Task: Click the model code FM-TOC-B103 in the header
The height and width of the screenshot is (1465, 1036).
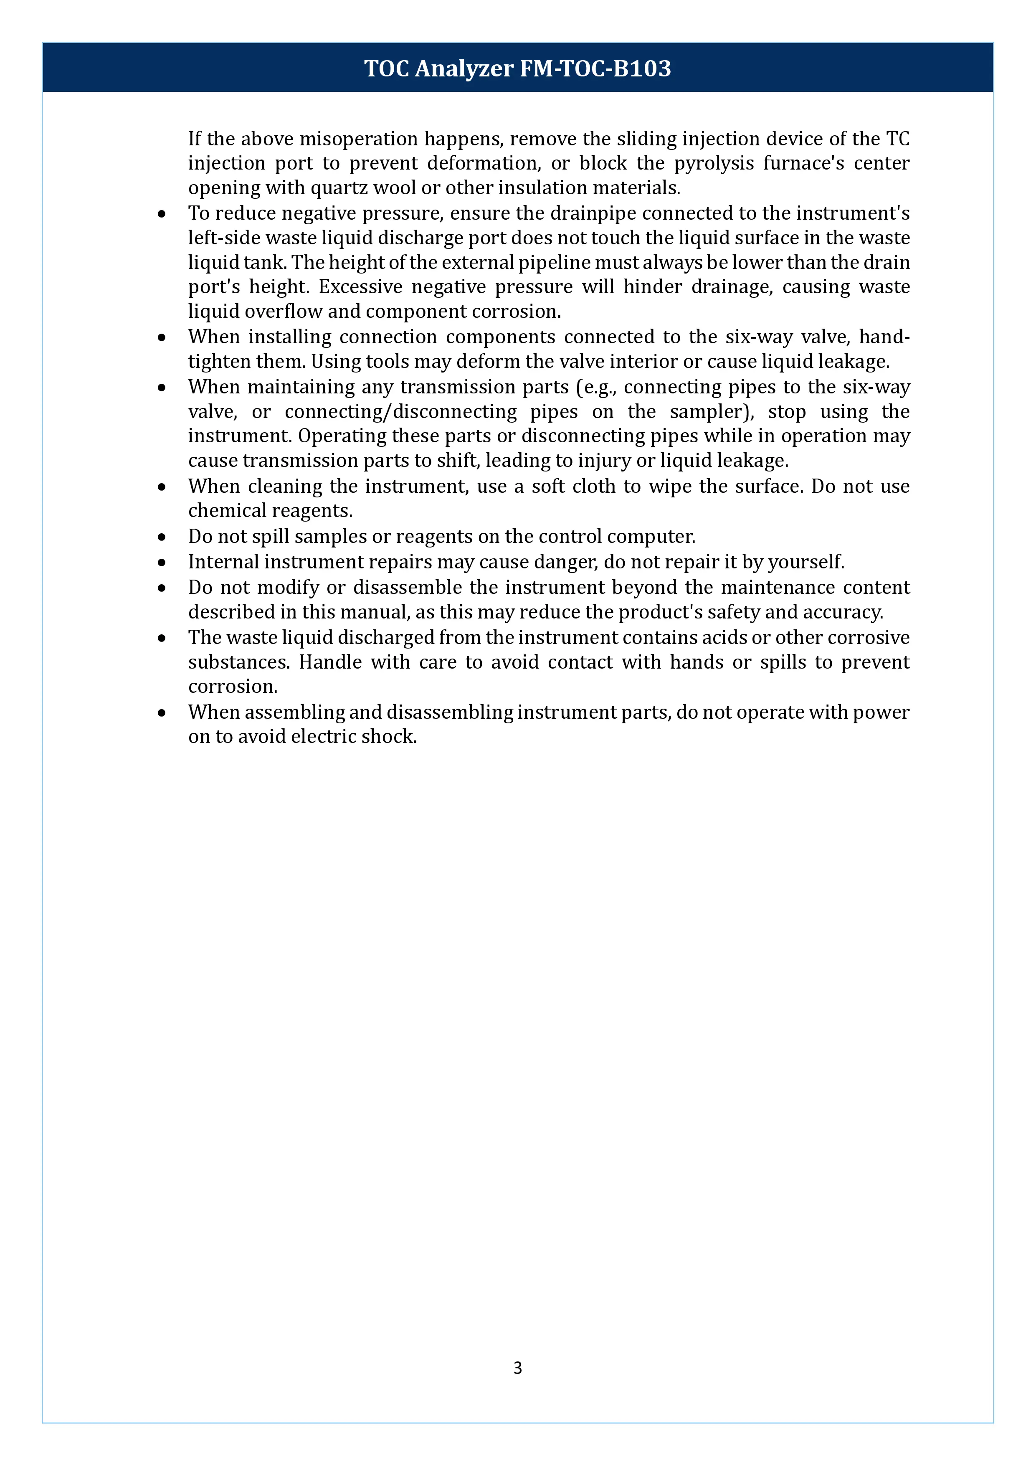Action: [x=595, y=68]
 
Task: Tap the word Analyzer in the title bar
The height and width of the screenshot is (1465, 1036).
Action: [x=464, y=68]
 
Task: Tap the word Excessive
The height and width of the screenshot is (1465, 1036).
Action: [x=360, y=287]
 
